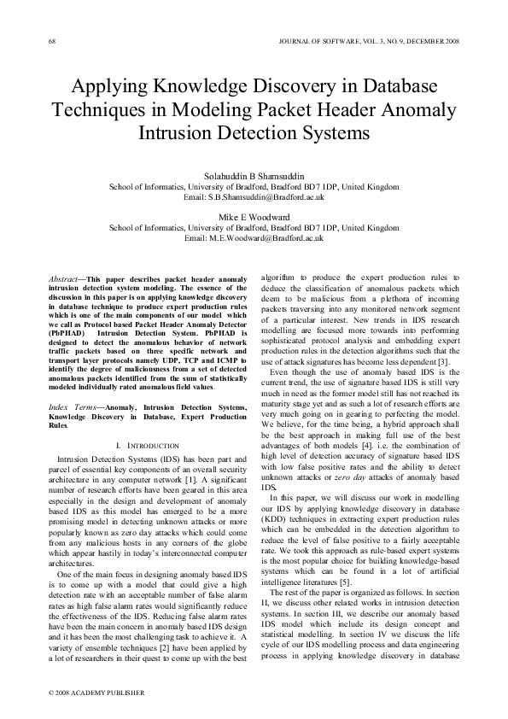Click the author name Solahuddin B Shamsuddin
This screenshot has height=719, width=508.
pyautogui.click(x=254, y=176)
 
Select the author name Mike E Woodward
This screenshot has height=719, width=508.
pyautogui.click(x=254, y=217)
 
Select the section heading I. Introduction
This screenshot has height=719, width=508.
pyautogui.click(x=146, y=446)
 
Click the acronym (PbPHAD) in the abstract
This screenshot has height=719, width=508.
pyautogui.click(x=66, y=345)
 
